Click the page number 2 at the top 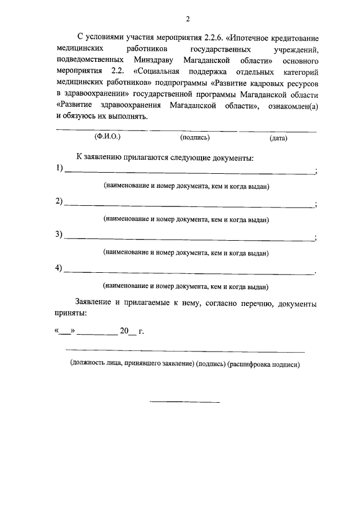tap(188, 19)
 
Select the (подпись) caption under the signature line tap(195, 137)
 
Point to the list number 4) tap(59, 268)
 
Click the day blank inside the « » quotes tap(65, 331)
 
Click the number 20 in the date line tap(124, 331)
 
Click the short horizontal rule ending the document tap(184, 402)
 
